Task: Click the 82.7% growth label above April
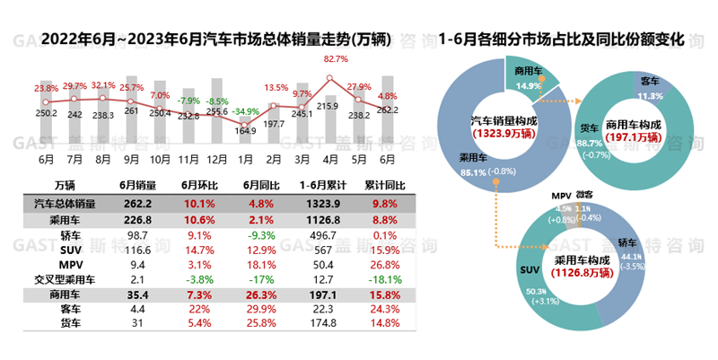click(x=336, y=59)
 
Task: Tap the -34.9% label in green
click(x=243, y=100)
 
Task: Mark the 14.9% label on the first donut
click(x=528, y=86)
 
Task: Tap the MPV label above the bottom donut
click(x=562, y=195)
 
